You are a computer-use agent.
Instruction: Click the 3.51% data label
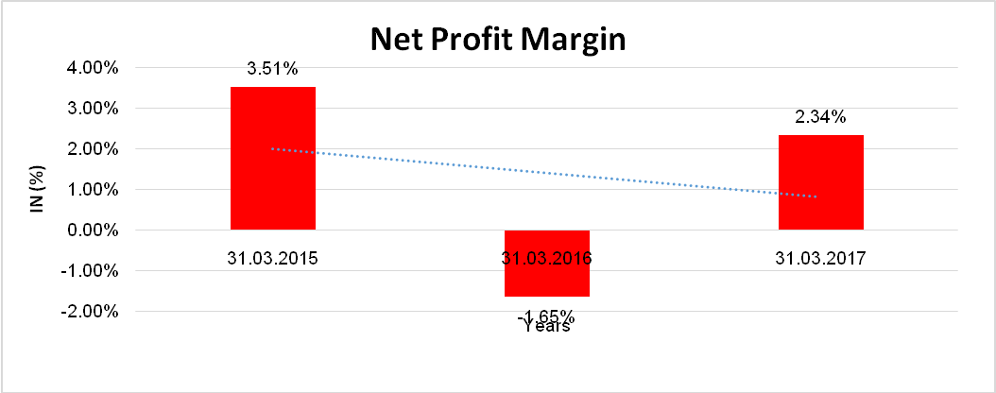point(273,68)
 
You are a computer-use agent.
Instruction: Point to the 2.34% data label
point(820,117)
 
